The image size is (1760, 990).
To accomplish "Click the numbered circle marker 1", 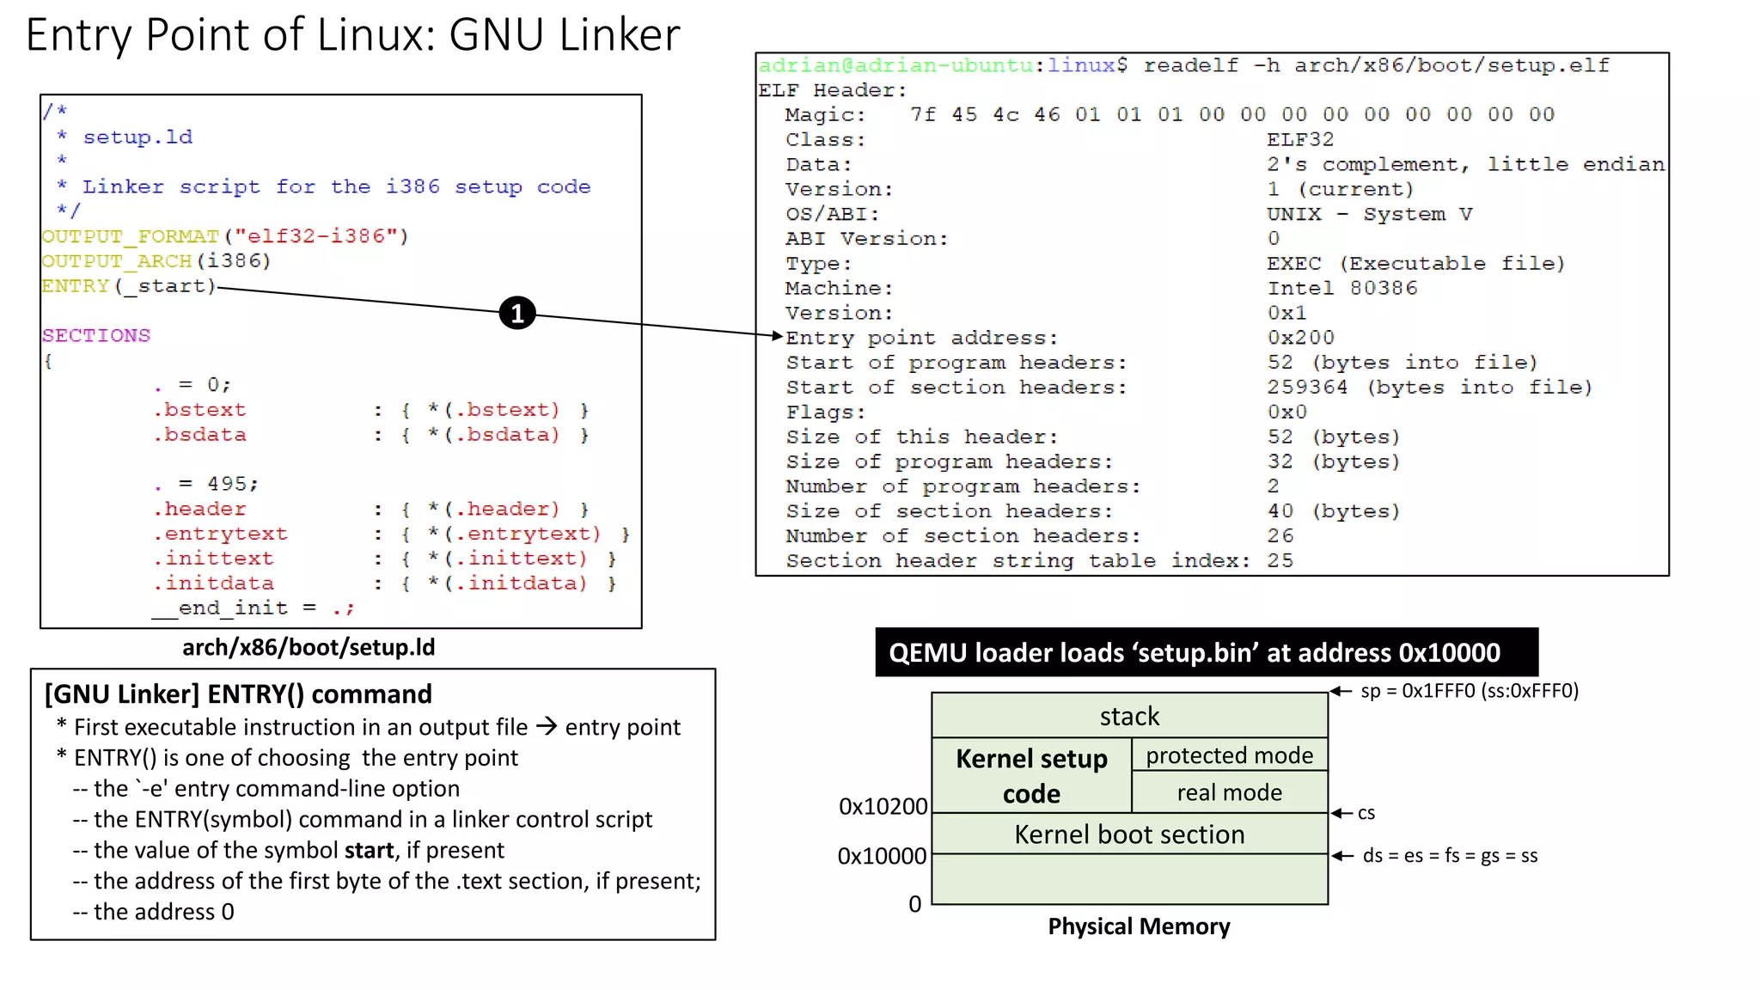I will tap(516, 314).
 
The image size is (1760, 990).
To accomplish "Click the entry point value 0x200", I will tap(1300, 338).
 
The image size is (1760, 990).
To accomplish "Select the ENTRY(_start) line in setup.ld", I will tap(129, 286).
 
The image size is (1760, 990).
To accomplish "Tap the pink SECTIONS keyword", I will tap(96, 336).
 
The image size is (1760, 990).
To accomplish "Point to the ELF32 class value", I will tap(1299, 139).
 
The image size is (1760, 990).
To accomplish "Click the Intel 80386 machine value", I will tap(1341, 288).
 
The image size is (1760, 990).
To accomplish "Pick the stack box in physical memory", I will tap(1129, 716).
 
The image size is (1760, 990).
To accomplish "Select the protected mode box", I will tap(1229, 755).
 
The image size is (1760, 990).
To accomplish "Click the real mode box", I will tap(1229, 792).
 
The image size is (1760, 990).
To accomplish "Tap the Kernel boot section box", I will tap(1129, 834).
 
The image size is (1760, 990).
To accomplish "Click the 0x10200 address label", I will tap(883, 806).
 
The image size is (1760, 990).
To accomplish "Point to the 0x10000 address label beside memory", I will tap(882, 856).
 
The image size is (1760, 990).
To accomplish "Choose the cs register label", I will tap(1366, 813).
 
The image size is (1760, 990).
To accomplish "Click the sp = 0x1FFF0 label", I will tap(1469, 691).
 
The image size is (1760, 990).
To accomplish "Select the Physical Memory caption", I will tap(1139, 926).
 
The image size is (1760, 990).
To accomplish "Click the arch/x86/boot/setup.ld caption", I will tap(309, 647).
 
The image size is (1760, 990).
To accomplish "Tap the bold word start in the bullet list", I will tap(369, 850).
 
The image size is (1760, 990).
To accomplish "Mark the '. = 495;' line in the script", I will tap(206, 484).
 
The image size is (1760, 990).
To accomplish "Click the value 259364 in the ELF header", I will tap(1306, 388).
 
